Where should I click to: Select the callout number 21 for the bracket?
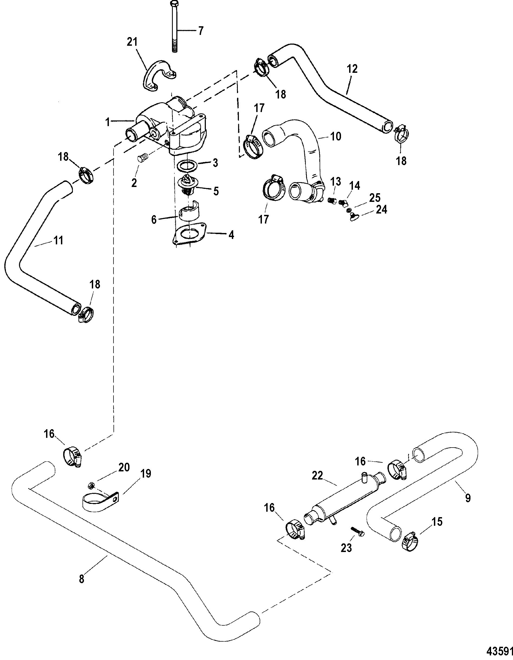[132, 42]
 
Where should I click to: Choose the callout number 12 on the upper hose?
[352, 69]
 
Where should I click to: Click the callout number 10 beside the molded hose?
[335, 136]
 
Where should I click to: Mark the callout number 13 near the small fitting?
[335, 182]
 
